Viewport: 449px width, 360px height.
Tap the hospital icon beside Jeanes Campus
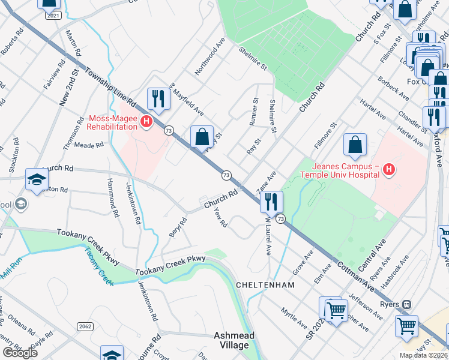[x=390, y=170]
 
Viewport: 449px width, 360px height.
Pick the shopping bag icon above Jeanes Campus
[x=355, y=145]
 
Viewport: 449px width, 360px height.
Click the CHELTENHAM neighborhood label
[x=265, y=285]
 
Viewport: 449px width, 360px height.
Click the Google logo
[x=20, y=353]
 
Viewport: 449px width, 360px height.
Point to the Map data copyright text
[x=423, y=355]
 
